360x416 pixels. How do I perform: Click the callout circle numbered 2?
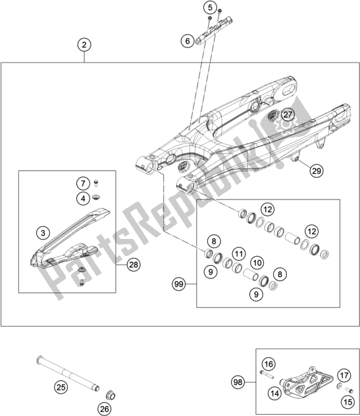coord(84,45)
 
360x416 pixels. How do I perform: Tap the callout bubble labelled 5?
coord(210,8)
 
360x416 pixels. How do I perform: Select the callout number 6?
coord(188,41)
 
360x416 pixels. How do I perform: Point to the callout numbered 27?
coord(288,115)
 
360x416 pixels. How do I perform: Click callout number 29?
coord(316,170)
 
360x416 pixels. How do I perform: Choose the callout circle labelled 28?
coord(134,265)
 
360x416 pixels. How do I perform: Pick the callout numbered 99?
coord(179,284)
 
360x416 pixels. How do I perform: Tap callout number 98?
coord(238,382)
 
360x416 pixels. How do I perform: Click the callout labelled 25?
coord(61,387)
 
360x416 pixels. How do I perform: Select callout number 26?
coord(105,409)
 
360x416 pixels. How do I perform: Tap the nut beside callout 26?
coord(111,396)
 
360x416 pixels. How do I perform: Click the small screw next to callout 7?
coord(96,183)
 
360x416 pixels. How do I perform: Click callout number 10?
coord(257,263)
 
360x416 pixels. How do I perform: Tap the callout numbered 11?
coord(239,254)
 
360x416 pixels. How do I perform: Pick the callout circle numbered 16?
coord(269,364)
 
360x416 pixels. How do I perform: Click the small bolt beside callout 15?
coord(349,390)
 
